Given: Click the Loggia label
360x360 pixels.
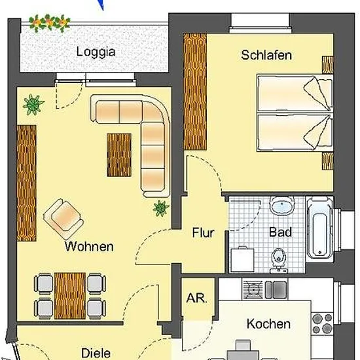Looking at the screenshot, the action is [96, 52].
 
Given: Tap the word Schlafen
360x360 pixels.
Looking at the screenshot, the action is [266, 56].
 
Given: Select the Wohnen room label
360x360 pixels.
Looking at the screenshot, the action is [89, 247].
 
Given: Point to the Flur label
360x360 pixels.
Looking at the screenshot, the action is [203, 232].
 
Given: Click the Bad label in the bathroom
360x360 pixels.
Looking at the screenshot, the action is [281, 232].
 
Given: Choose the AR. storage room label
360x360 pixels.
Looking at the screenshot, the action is [196, 298].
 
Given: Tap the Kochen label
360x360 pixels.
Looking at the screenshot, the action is [268, 324].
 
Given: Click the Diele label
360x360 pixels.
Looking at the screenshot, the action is [96, 353].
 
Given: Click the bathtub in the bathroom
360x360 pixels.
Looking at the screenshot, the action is [319, 228].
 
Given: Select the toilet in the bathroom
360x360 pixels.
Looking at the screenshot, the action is [279, 260].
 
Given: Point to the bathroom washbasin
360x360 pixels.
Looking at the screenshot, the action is [282, 204].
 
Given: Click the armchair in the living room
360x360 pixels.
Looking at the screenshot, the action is [63, 219].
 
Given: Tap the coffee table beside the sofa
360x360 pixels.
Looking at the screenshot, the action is [119, 155].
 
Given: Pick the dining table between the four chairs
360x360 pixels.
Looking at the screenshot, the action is [70, 296].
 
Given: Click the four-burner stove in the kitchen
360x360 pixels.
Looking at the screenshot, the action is [323, 323].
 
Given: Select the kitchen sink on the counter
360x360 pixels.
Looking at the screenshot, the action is [276, 290].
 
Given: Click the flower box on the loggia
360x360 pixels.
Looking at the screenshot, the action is [49, 23].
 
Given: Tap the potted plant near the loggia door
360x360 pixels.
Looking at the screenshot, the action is [33, 105].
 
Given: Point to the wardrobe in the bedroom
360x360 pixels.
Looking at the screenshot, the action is [195, 92].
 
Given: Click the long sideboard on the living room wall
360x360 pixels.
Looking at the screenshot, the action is [27, 183].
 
